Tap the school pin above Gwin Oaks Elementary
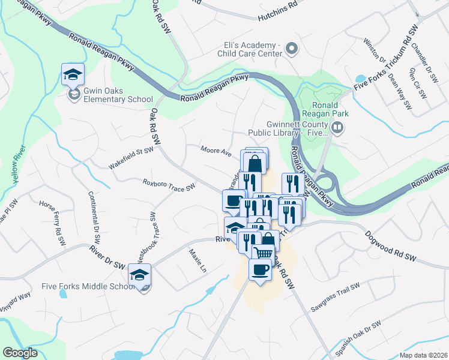[x=72, y=74]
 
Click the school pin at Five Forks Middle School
[x=139, y=275]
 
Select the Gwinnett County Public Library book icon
[x=337, y=127]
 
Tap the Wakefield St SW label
[x=131, y=158]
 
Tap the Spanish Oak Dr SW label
[x=359, y=333]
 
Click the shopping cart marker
[x=263, y=254]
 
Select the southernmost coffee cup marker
[x=259, y=270]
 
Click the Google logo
[x=20, y=353]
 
